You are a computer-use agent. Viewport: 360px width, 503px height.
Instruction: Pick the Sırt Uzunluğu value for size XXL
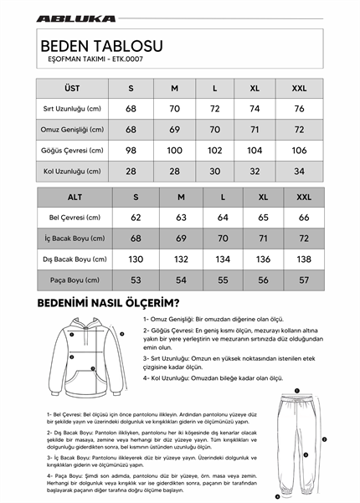click(x=299, y=109)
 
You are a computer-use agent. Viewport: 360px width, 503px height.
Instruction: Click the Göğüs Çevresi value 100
click(x=174, y=150)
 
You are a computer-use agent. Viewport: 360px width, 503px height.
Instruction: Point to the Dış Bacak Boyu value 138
click(x=303, y=259)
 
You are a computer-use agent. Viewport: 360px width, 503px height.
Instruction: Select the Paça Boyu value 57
click(x=303, y=280)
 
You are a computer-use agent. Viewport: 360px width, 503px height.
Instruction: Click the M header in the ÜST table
click(x=174, y=88)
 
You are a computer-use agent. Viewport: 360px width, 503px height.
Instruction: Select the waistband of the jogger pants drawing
click(x=295, y=394)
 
